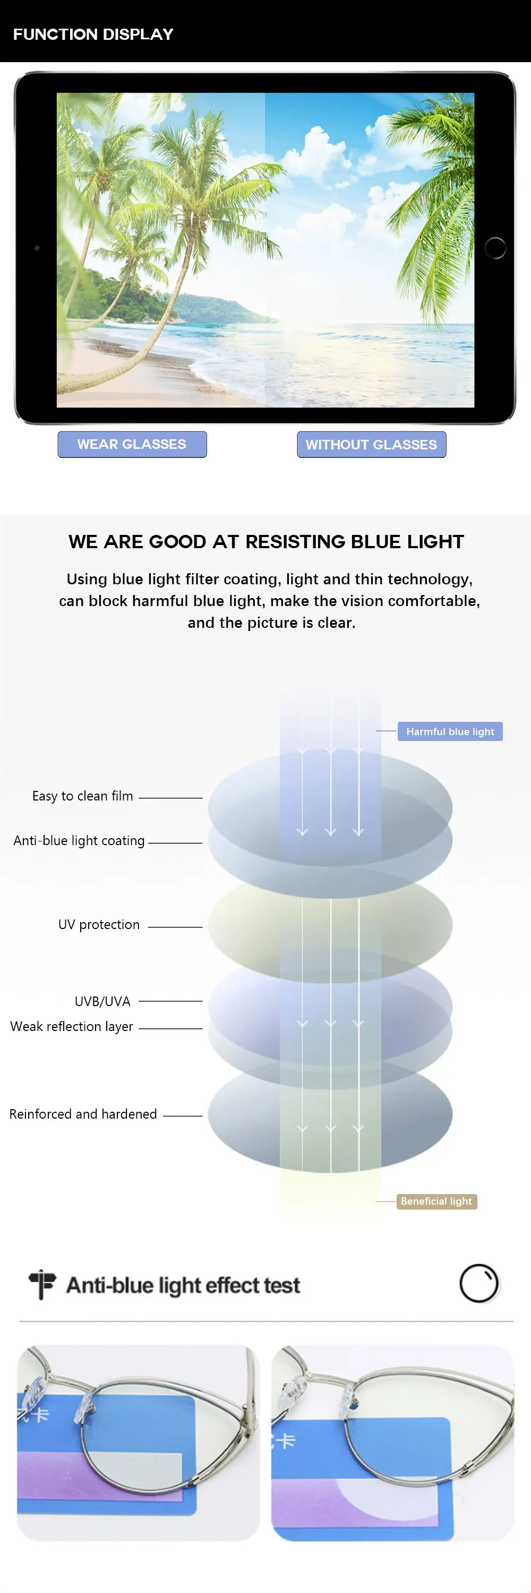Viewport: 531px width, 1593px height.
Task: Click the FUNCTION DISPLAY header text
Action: tap(93, 34)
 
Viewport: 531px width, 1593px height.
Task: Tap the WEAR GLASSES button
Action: tap(132, 444)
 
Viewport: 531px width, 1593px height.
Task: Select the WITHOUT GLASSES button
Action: tap(372, 444)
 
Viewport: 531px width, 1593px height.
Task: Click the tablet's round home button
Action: tap(495, 248)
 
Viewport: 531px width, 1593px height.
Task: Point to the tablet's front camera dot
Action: tap(37, 248)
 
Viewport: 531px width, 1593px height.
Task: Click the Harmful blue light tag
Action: tap(450, 731)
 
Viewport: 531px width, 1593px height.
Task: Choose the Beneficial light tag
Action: tap(436, 1201)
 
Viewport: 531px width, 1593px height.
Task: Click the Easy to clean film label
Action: tap(83, 796)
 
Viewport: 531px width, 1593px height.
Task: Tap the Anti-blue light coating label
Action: tap(79, 840)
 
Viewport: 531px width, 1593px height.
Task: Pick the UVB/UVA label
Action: tap(102, 1001)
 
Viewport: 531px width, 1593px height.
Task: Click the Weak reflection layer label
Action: tap(72, 1027)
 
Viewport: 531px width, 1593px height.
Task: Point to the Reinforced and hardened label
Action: tap(83, 1114)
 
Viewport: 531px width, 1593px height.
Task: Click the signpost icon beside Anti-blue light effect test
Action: tap(42, 1284)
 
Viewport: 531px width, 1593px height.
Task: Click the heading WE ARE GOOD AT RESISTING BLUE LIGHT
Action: tap(266, 542)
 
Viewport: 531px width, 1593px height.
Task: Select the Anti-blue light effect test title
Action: tap(183, 1285)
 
